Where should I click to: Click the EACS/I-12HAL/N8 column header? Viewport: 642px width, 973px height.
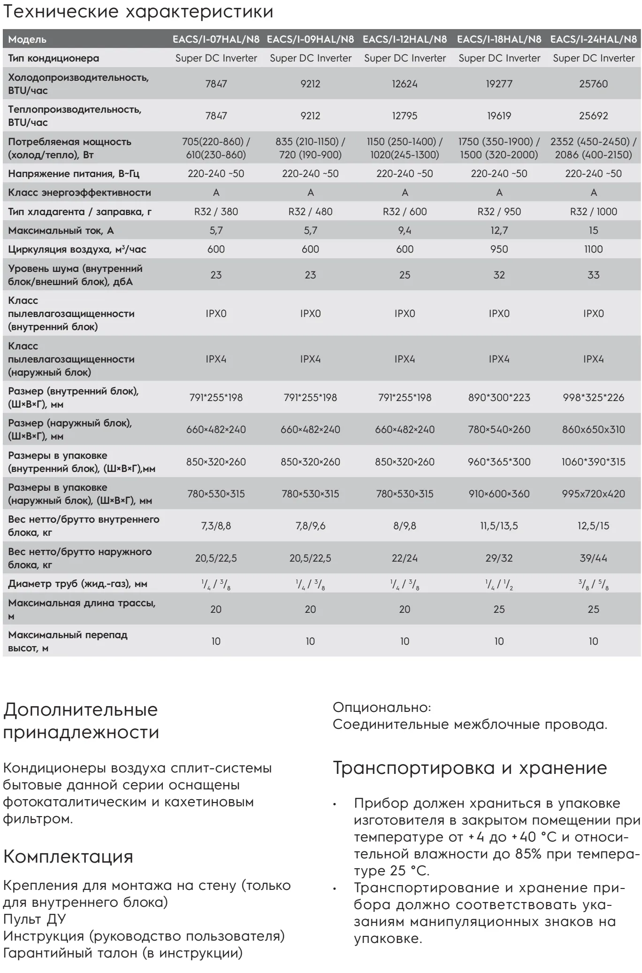pos(405,39)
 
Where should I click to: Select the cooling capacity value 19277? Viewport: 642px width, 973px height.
pos(499,84)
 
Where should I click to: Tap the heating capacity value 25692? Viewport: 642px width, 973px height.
pos(593,116)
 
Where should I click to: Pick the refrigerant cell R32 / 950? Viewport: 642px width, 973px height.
pos(499,212)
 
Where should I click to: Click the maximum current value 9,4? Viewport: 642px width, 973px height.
pos(405,231)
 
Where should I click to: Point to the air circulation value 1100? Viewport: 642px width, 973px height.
pos(593,249)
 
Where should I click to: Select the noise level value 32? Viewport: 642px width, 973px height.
pos(499,275)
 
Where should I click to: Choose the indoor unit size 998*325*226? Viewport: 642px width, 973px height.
pos(593,398)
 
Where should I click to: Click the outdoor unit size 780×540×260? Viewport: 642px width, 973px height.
pos(499,430)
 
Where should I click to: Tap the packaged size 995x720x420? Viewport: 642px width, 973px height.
pos(593,494)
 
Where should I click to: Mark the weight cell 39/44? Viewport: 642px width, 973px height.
pos(593,558)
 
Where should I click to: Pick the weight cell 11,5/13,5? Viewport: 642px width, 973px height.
pos(499,526)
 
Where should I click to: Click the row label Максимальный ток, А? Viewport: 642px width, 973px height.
pos(61,231)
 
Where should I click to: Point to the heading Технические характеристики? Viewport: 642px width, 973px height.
pos(138,12)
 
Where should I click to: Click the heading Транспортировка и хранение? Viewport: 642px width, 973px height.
pos(470,768)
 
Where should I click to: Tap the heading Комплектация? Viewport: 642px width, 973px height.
pos(68,857)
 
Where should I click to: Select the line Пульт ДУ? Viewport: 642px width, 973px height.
pos(35,919)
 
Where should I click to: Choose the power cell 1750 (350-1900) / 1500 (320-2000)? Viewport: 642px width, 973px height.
pos(499,148)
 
